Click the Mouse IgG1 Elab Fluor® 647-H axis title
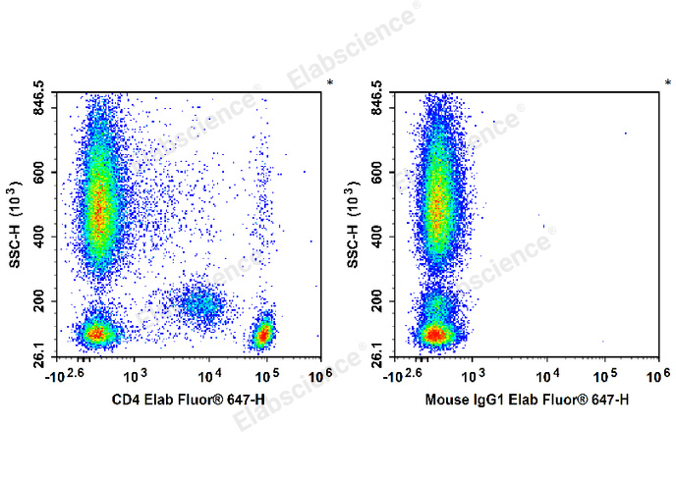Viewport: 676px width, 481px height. [526, 400]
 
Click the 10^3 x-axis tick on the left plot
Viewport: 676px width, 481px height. [136, 374]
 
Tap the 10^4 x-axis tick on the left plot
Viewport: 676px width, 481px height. [209, 374]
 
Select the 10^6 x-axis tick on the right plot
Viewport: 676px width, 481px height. [655, 374]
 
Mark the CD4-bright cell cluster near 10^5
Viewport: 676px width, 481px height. [262, 335]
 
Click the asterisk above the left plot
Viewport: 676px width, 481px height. [330, 82]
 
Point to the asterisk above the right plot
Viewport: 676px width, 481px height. [667, 82]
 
